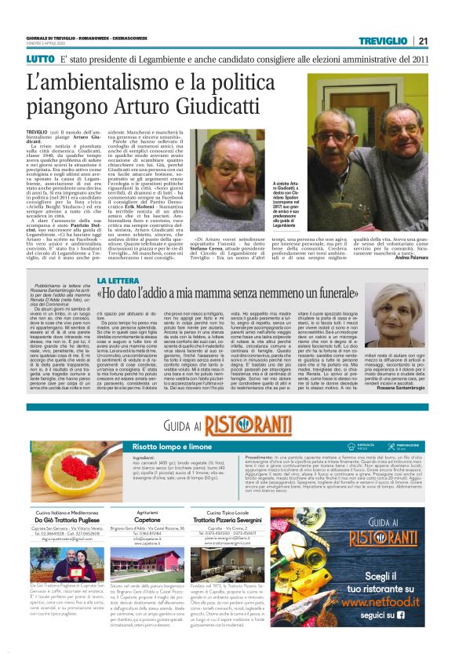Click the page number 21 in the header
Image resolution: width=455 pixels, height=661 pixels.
(x=444, y=41)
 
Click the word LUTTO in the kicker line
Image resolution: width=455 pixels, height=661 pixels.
(x=40, y=58)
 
